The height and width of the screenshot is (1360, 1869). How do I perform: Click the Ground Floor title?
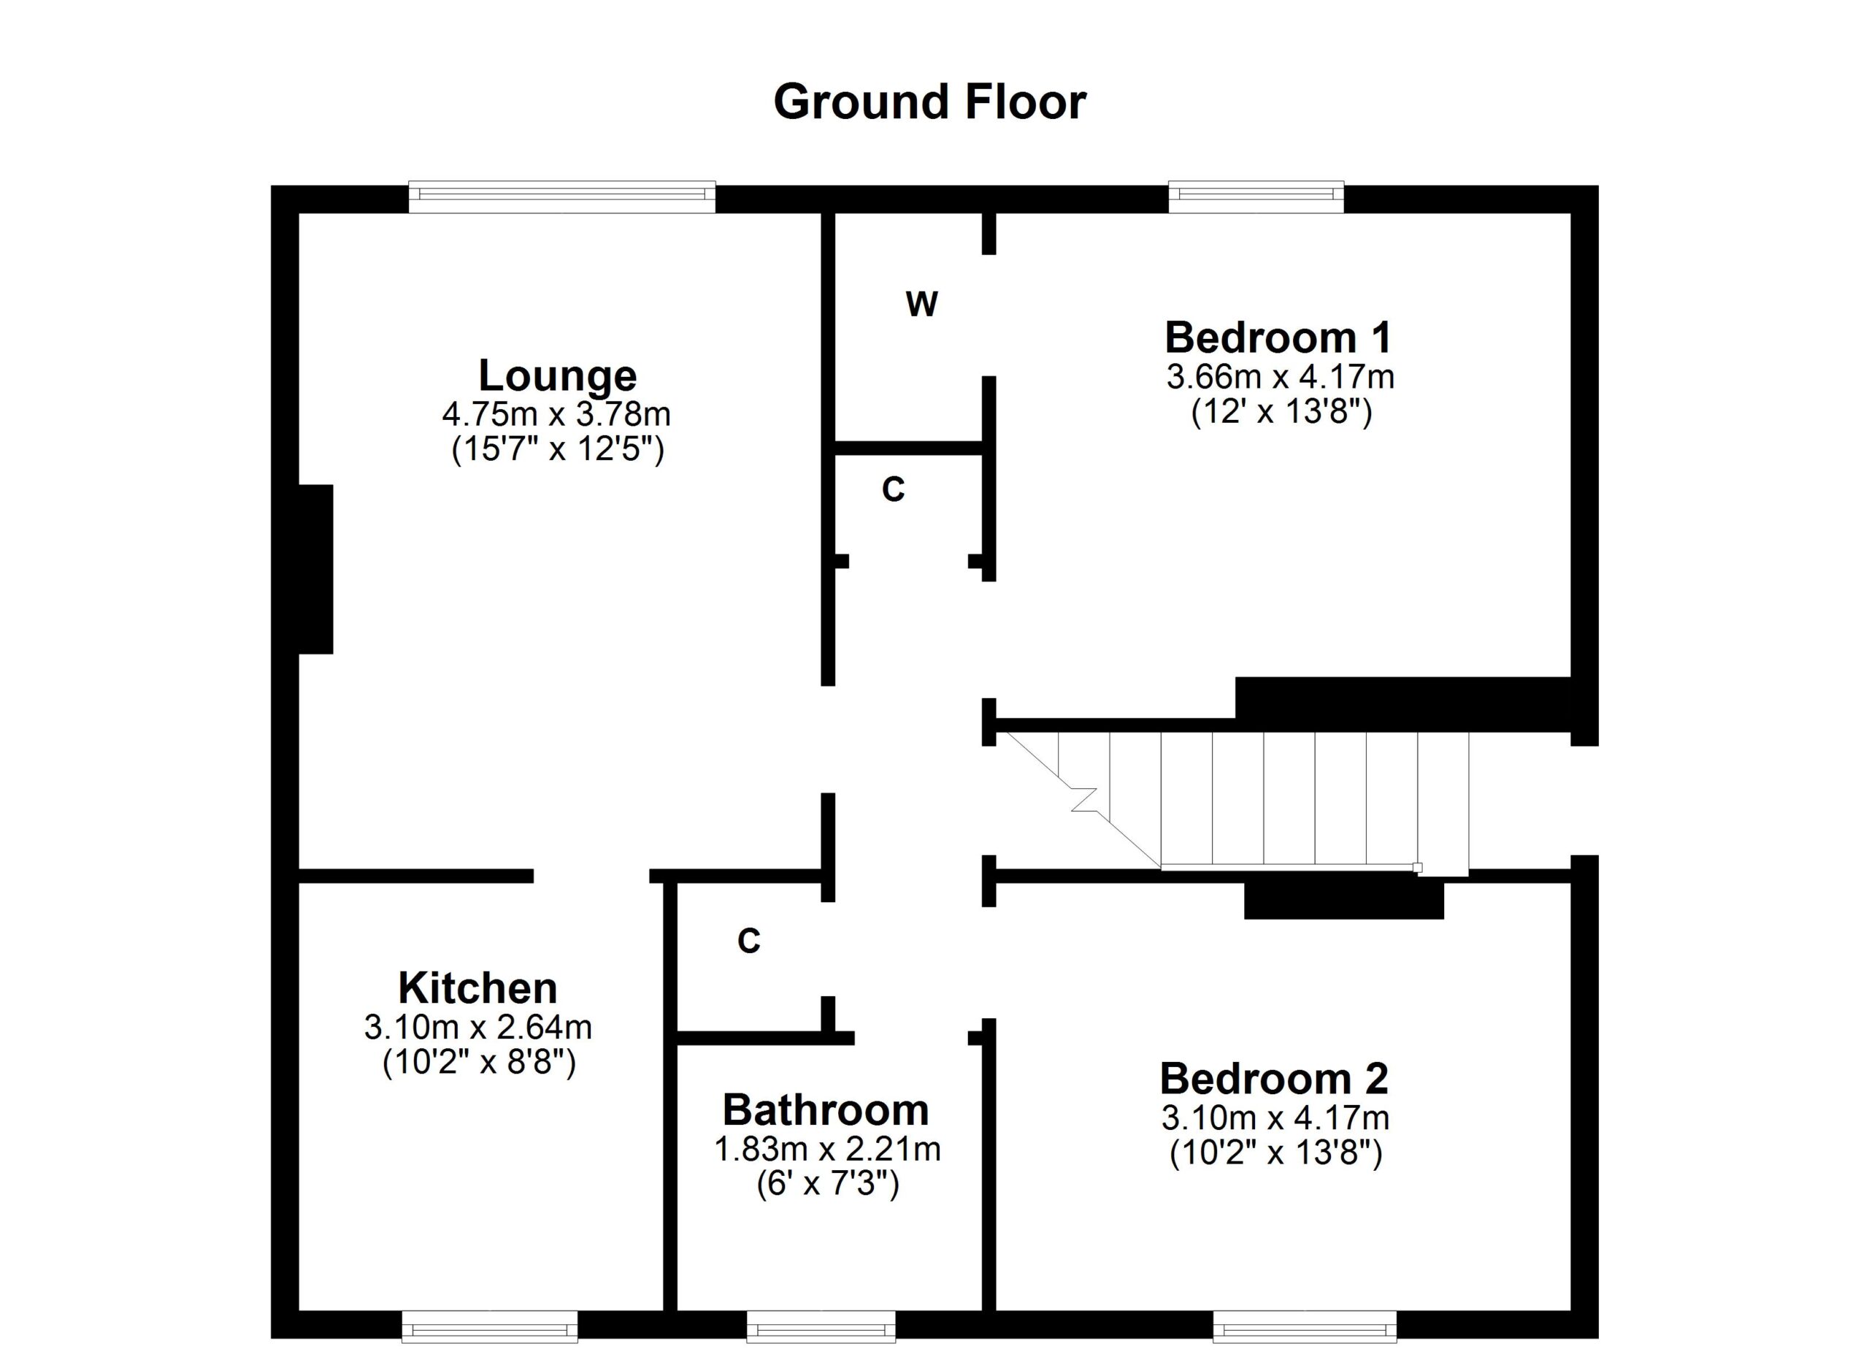[x=929, y=102]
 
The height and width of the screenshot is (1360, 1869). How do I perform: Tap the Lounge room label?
[x=558, y=376]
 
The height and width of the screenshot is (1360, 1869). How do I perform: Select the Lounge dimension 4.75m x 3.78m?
[x=556, y=413]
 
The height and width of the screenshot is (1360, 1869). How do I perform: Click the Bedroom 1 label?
[x=1278, y=337]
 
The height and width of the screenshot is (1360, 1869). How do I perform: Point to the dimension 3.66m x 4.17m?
[x=1280, y=377]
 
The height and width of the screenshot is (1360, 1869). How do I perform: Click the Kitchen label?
[x=478, y=987]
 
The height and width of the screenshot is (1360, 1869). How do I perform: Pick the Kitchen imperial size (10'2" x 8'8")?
[x=479, y=1063]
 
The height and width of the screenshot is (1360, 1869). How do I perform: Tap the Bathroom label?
[x=826, y=1109]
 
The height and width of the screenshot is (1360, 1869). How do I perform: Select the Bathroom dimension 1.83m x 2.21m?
[x=827, y=1148]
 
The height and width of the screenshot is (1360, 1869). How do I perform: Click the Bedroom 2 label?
[x=1275, y=1078]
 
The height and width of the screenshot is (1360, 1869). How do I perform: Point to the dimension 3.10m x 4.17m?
[x=1275, y=1118]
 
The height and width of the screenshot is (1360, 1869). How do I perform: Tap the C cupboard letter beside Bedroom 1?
[x=894, y=489]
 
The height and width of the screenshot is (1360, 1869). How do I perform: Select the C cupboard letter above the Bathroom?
[x=749, y=941]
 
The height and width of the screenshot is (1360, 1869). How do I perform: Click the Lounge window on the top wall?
[x=562, y=196]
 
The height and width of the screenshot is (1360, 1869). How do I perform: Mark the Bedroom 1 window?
[x=1256, y=196]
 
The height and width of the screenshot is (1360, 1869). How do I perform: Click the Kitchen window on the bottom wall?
[x=489, y=1326]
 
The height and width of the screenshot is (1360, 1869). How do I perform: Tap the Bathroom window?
[x=821, y=1326]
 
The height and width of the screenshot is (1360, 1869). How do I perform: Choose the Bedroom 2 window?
[x=1305, y=1326]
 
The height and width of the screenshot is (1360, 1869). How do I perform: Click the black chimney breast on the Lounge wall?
[x=315, y=569]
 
